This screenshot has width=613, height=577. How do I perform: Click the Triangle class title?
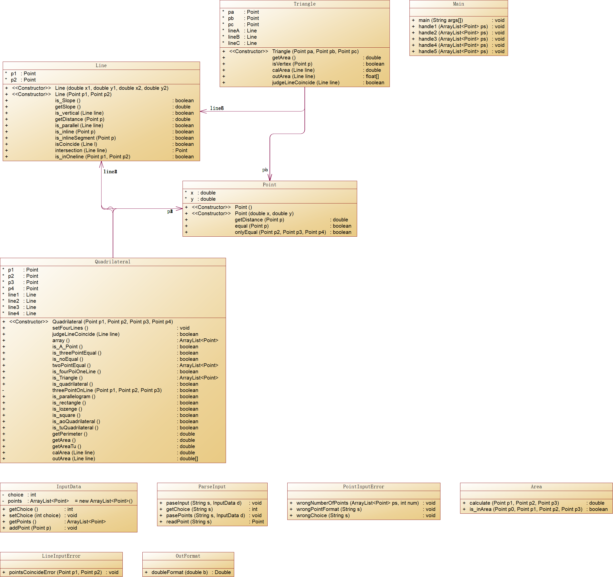coord(304,4)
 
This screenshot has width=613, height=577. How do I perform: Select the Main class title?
coord(458,4)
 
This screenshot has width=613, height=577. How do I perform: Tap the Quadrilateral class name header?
coord(112,262)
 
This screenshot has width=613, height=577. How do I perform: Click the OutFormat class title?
coord(188,556)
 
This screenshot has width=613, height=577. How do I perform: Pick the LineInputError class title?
coord(61,556)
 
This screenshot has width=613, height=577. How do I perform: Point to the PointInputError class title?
coord(363,487)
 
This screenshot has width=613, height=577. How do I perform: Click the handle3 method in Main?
coord(453,39)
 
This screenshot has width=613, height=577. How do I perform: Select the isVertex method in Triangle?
coord(292,64)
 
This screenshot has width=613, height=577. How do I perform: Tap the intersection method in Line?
coord(81,150)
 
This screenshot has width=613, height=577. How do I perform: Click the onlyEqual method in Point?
coord(280,232)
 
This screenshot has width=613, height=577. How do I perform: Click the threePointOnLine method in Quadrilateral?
coord(107,390)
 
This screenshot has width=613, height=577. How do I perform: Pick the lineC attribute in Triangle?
coord(234,43)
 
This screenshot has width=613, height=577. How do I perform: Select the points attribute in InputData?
coord(15,501)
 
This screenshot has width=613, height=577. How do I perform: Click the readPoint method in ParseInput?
coord(189,522)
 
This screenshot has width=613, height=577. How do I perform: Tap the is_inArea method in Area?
coord(526,509)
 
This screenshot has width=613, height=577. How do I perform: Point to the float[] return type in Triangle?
coord(372,77)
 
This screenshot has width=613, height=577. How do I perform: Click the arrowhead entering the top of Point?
coord(270,178)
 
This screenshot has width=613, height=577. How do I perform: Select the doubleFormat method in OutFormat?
coord(180,572)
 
